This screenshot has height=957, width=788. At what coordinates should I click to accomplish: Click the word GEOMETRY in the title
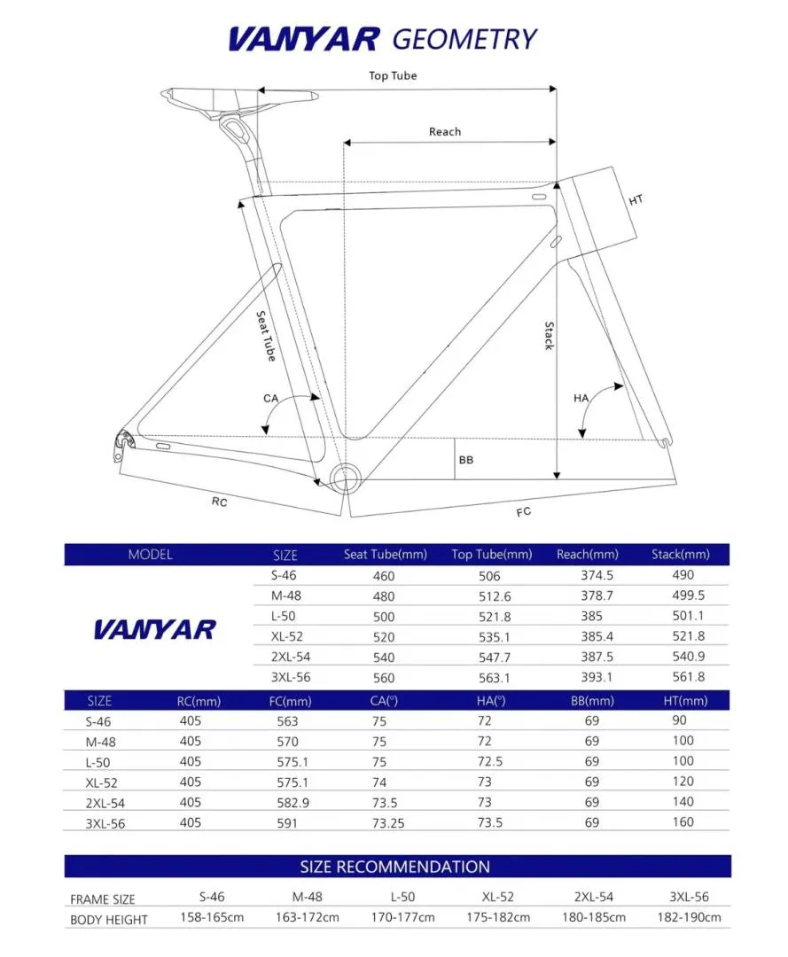[x=464, y=39]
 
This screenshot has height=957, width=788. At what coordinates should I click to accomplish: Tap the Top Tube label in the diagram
[x=393, y=76]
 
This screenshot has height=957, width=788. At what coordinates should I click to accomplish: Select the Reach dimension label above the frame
[x=445, y=132]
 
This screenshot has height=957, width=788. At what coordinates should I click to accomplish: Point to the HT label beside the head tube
[x=636, y=200]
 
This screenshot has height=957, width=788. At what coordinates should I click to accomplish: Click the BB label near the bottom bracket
[x=466, y=460]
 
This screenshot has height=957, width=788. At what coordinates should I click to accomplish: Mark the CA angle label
[x=271, y=399]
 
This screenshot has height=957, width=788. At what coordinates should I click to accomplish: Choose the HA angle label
[x=581, y=399]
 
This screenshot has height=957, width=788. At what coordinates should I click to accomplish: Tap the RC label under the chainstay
[x=220, y=502]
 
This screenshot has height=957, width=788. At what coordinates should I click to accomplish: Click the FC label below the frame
[x=524, y=512]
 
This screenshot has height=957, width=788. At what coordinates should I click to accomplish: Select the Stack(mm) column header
[x=680, y=555]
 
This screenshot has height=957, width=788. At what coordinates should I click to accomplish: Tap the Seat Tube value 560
[x=384, y=677]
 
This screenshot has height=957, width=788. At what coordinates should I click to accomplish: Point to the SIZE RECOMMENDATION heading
[x=394, y=867]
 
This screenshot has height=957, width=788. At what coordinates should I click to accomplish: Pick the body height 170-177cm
[x=403, y=918]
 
